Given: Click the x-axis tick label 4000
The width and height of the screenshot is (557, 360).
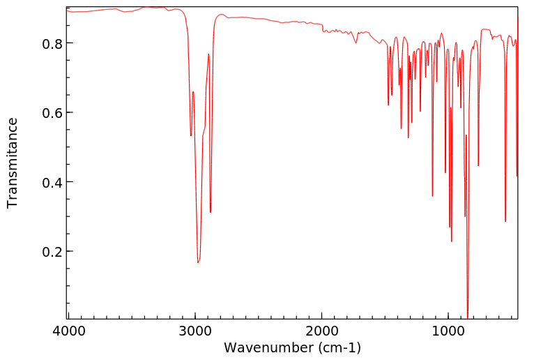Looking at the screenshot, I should click(x=68, y=333).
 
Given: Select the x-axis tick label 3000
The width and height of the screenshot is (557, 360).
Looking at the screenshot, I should click(x=195, y=333).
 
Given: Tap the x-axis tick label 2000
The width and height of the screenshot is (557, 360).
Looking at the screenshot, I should click(x=322, y=333).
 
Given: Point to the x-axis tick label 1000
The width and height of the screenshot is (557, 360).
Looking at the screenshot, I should click(x=449, y=333).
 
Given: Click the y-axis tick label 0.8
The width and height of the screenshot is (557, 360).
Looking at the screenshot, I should click(x=50, y=43).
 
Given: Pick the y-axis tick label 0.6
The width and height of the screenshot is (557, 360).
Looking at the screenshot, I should click(x=50, y=112).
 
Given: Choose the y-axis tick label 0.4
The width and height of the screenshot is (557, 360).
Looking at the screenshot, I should click(x=50, y=182).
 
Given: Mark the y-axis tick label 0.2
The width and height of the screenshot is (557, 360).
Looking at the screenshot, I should click(x=50, y=251).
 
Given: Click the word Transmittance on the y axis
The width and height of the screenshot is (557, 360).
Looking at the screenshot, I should click(x=13, y=163).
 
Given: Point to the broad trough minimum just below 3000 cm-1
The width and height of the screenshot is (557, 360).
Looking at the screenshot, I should click(x=198, y=262).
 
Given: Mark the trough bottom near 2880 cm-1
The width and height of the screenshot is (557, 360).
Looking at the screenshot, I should click(x=211, y=212).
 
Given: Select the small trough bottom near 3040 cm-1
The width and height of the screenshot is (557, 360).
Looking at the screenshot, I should click(x=190, y=135).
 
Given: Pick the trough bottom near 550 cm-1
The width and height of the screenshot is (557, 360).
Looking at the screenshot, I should click(x=505, y=221).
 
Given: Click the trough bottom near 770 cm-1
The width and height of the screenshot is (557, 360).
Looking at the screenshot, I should click(x=478, y=165).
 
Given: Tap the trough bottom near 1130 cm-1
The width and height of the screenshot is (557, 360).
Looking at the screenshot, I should click(x=432, y=196).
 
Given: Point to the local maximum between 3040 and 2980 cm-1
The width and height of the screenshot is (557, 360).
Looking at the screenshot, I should click(x=193, y=91).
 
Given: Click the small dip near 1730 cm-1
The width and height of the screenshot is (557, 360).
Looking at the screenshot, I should click(x=356, y=43).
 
